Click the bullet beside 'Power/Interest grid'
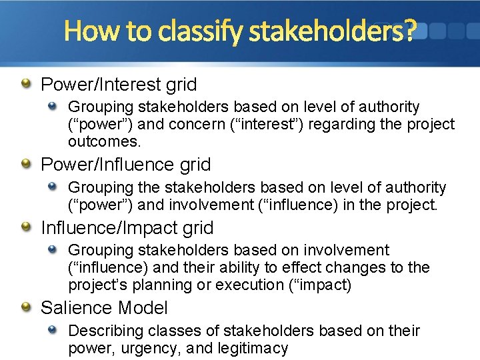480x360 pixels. point(25,84)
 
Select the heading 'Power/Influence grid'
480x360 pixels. point(125,165)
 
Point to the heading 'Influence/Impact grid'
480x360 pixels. point(127,228)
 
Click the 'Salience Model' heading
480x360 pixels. point(104,308)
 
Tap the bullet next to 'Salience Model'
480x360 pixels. point(25,307)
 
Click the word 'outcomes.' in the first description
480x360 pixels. point(104,141)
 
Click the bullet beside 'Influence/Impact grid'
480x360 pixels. point(25,227)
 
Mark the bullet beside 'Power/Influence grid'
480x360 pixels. point(25,164)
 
